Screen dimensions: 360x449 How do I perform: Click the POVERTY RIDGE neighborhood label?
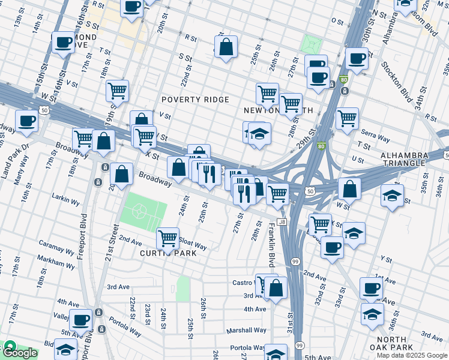(x=194, y=100)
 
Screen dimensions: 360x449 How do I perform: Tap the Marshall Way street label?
(x=246, y=330)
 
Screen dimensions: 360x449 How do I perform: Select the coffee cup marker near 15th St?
(x=63, y=43)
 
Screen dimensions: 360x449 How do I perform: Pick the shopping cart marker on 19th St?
(x=117, y=91)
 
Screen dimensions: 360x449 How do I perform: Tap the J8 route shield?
(x=282, y=222)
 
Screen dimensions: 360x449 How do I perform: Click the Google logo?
(x=20, y=352)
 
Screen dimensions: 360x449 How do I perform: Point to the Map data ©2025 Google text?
(x=411, y=355)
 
